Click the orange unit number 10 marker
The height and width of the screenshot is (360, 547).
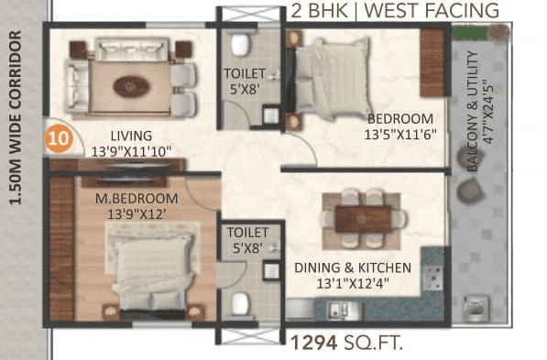[x=58, y=140]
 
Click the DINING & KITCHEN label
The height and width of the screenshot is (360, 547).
[x=352, y=267]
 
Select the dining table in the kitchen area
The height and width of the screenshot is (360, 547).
[x=363, y=217]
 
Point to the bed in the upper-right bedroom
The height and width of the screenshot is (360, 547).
[x=331, y=80]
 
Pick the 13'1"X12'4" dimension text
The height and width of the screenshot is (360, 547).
[x=352, y=284]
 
